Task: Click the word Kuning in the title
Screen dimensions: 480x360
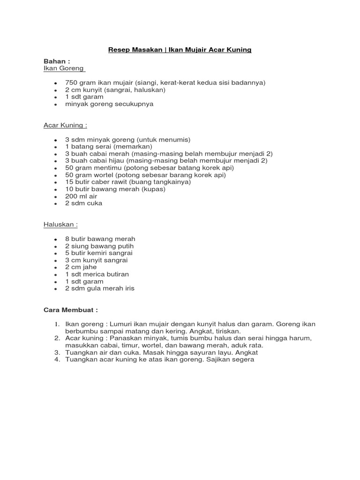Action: (x=240, y=50)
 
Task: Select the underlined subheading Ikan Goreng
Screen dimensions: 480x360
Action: (x=64, y=68)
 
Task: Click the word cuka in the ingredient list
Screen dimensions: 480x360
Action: (x=95, y=203)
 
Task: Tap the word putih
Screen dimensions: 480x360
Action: (x=124, y=246)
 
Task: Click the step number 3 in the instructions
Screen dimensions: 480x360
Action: (x=57, y=352)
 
